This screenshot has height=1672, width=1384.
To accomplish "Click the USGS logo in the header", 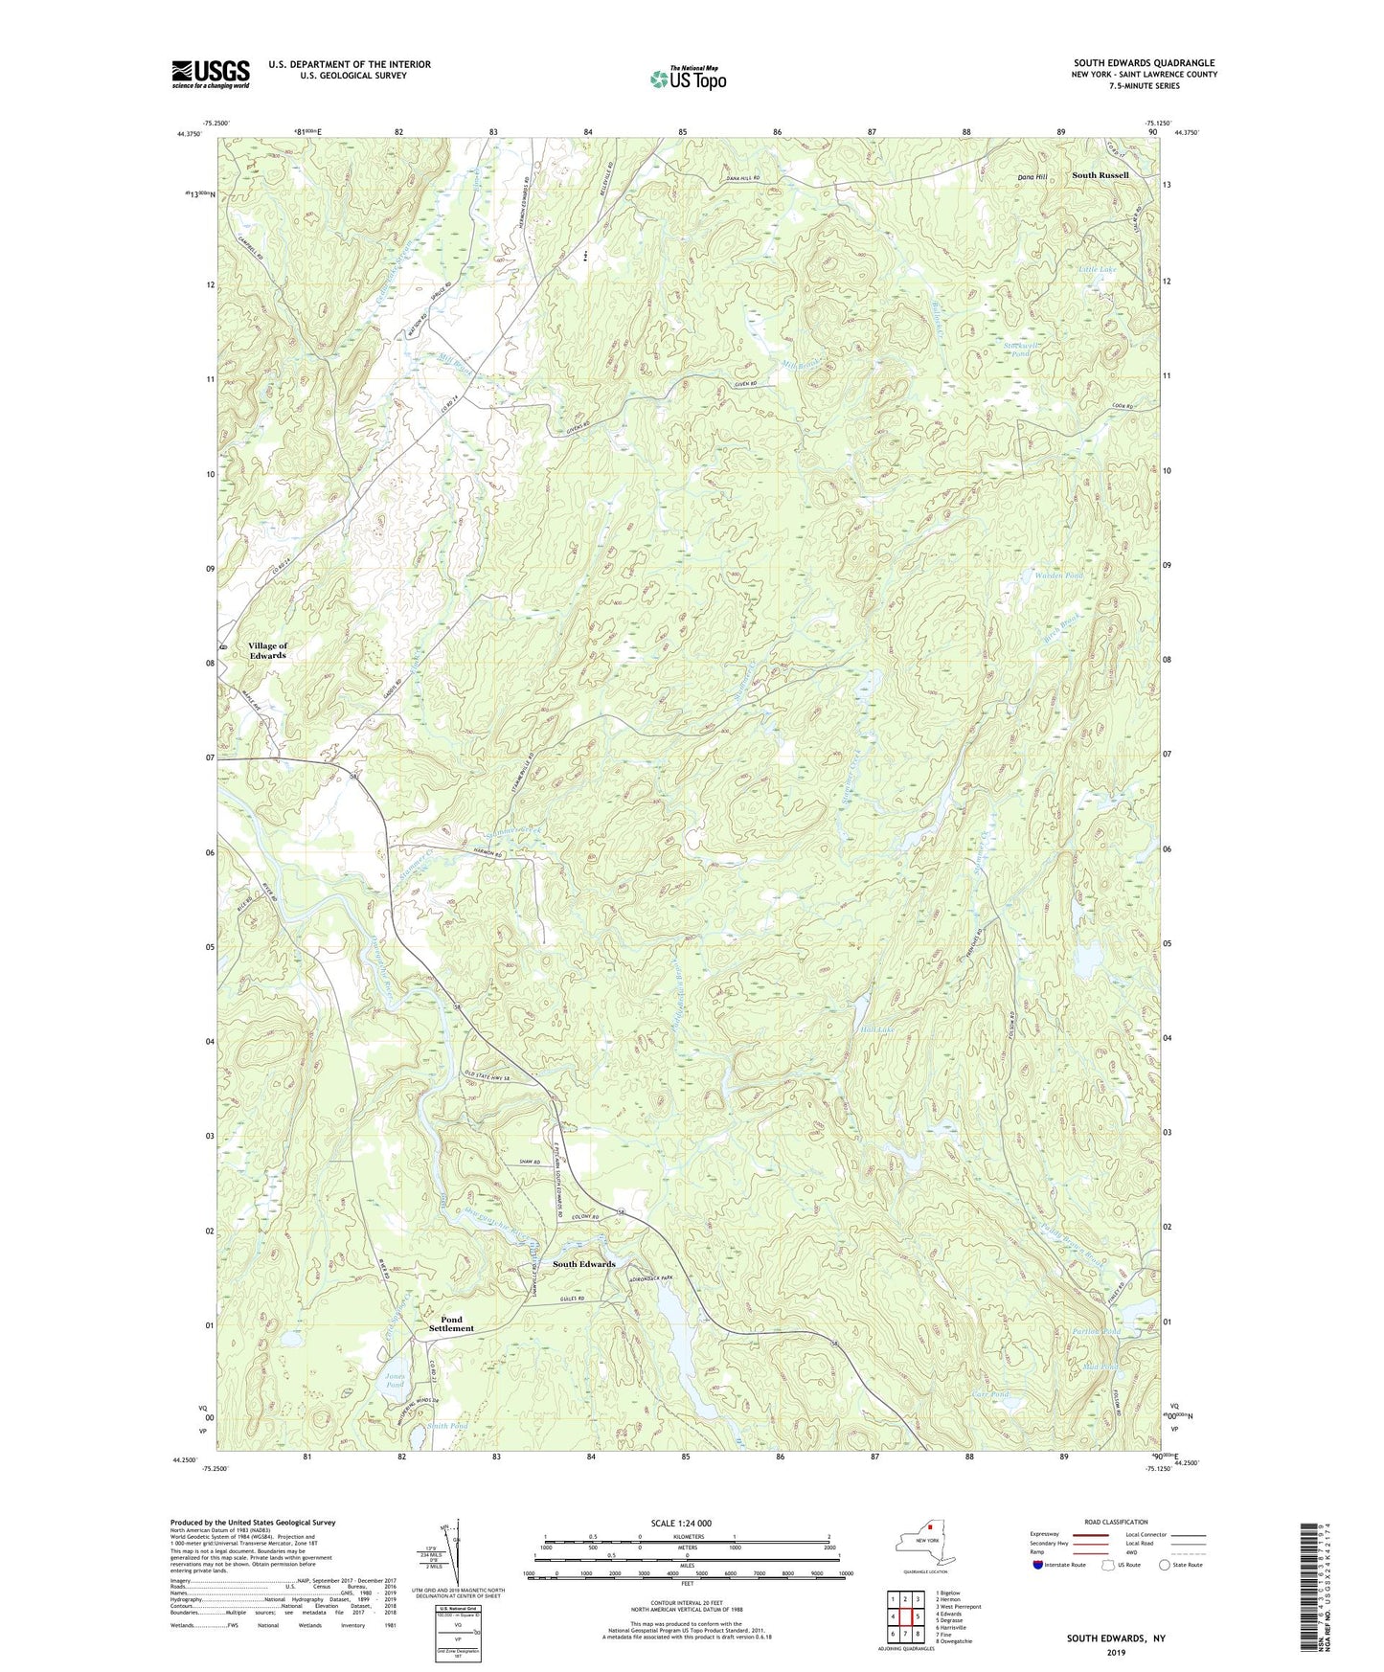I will point(210,74).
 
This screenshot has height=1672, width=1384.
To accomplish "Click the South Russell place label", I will point(1100,175).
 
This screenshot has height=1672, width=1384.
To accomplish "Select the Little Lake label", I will point(1097,270).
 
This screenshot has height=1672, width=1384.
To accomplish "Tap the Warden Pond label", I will point(1058,576).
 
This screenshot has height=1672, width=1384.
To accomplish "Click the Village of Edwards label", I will point(267,651).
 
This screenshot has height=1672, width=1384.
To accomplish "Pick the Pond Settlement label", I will point(450,1323).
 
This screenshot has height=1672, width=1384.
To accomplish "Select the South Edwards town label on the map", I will point(583,1264).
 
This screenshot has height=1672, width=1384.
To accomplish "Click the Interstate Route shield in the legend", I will point(1038,1565).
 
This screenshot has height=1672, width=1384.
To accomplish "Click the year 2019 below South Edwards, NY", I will point(1115,1652).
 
